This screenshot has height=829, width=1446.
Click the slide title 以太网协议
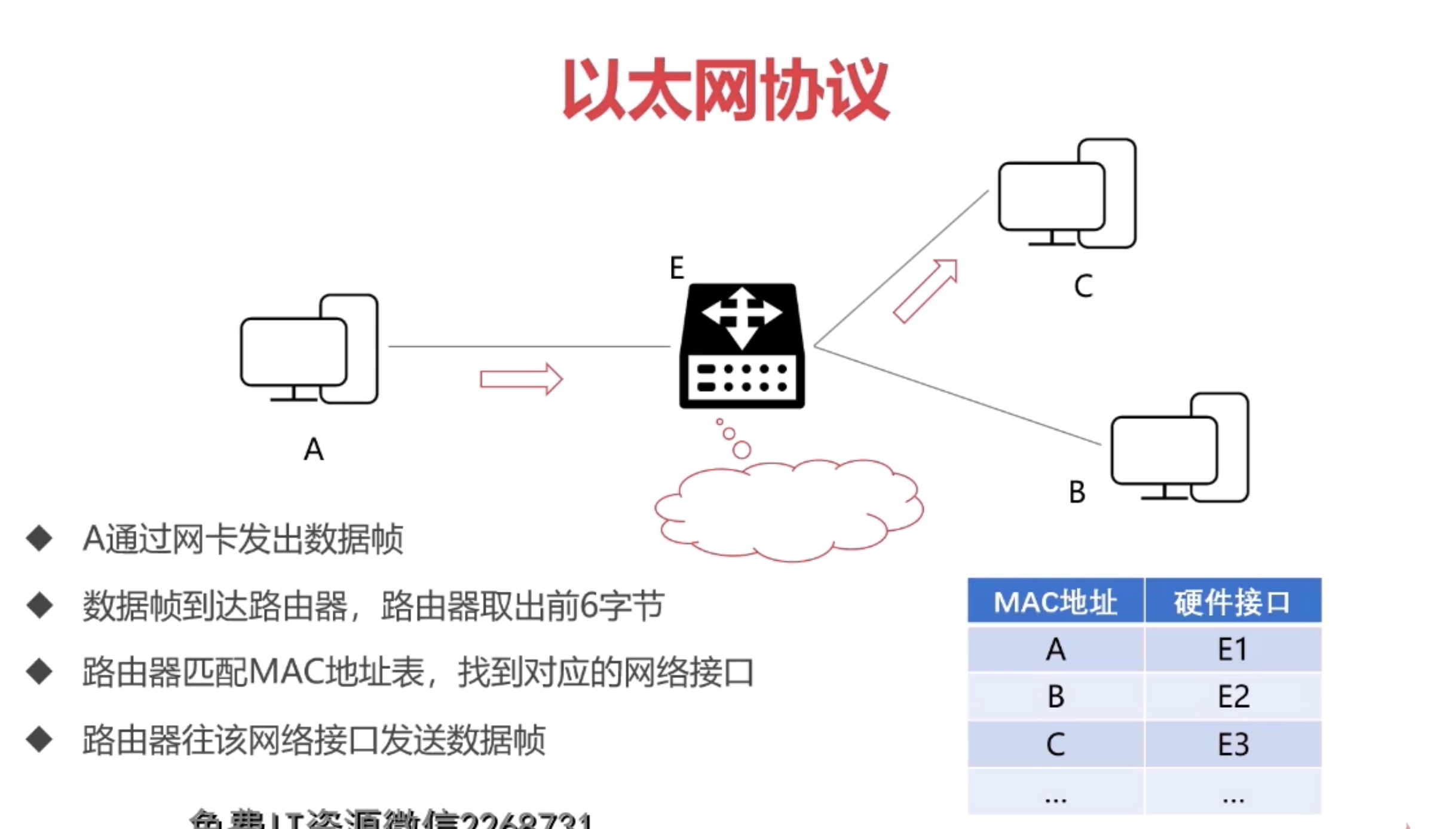725,90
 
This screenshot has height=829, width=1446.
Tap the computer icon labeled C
1067,194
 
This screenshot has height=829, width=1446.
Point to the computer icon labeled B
1180,448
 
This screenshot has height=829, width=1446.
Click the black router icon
742,346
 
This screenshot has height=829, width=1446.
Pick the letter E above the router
676,268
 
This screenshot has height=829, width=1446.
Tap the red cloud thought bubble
789,511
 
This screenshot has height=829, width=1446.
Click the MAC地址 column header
1055,602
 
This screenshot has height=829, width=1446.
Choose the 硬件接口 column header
1232,602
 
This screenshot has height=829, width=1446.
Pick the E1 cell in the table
1233,649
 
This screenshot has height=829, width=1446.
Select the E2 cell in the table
1233,696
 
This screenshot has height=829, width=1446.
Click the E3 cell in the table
1233,744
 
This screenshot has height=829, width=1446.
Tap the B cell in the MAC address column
1056,696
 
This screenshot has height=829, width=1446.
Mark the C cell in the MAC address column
1056,744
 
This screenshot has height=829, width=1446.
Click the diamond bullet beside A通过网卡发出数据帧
39,538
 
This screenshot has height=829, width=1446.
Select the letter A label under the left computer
314,449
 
